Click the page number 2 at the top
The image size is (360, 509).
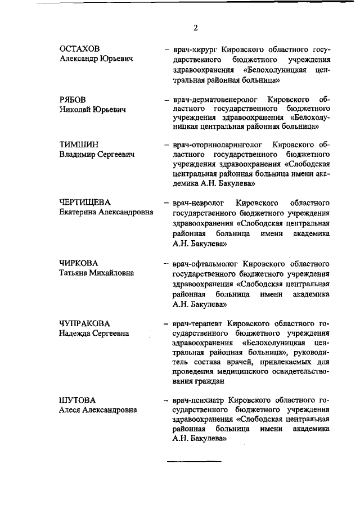[195, 28]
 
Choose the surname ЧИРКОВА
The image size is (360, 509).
[79, 263]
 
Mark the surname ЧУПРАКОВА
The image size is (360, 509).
[84, 323]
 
